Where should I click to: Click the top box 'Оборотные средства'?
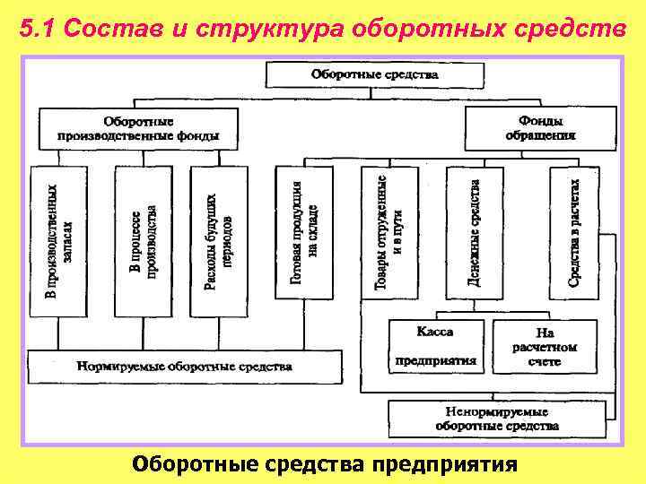pyautogui.click(x=375, y=74)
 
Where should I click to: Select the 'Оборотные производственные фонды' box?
pyautogui.click(x=138, y=129)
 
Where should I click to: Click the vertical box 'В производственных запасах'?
pyautogui.click(x=59, y=241)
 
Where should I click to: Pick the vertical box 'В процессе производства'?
pyautogui.click(x=144, y=241)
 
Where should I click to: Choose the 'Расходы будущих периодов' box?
pyautogui.click(x=219, y=241)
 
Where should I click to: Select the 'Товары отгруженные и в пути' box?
pyautogui.click(x=388, y=231)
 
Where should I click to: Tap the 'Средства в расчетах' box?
pyautogui.click(x=574, y=231)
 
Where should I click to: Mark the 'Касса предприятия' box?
pyautogui.click(x=435, y=347)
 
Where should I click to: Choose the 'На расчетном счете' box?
pyautogui.click(x=545, y=347)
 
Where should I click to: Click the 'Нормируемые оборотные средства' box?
pyautogui.click(x=185, y=367)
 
